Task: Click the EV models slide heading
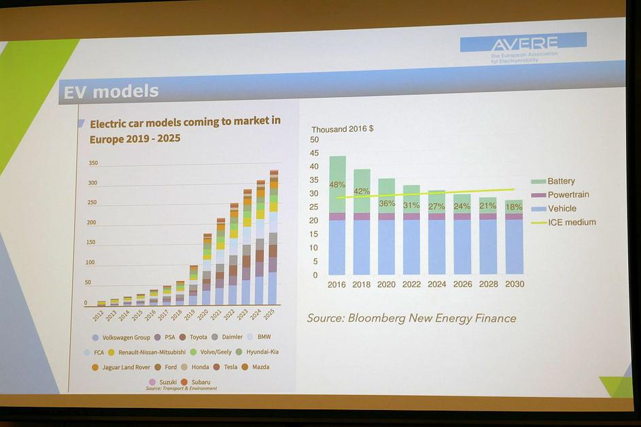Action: (111, 91)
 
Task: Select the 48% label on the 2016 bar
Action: (337, 184)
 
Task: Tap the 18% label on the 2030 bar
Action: (515, 207)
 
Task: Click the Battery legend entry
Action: (561, 182)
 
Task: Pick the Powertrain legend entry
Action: (568, 195)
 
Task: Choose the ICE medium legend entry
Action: (571, 222)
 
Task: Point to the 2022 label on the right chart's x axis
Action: (411, 284)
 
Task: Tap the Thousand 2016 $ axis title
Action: (343, 129)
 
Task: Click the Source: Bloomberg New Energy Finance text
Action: (411, 318)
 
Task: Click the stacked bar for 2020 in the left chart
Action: (207, 269)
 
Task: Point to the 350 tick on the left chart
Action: (93, 163)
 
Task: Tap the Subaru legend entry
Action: (201, 382)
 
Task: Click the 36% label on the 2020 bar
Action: (387, 203)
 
